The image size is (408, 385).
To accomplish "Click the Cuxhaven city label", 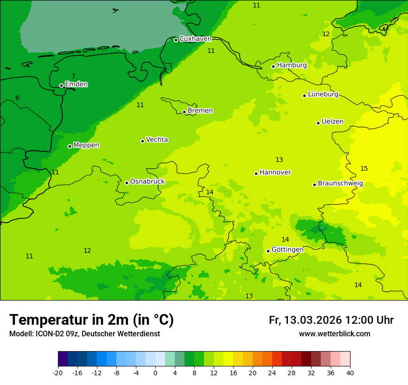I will coord(195,39).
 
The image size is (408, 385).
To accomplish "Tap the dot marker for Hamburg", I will coord(273,66).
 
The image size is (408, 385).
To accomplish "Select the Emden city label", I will coord(76,84).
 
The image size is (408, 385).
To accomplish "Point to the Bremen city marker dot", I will coord(184,112).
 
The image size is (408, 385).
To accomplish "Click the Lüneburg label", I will coord(323,94).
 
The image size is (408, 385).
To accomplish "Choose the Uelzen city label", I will coord(332,122).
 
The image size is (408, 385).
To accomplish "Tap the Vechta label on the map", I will coord(157,140).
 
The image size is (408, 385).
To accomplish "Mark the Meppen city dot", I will coord(70,146).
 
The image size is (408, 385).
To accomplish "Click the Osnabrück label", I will coord(147,181).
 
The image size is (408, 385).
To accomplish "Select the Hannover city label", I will coord(275,173).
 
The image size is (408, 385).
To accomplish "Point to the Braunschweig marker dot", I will coord(314,185).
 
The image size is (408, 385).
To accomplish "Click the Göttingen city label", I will coord(287,250).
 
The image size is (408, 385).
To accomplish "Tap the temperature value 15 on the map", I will coord(364,168).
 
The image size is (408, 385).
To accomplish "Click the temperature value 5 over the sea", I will coord(114,11).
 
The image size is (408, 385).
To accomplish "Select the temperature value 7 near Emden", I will coord(73,77).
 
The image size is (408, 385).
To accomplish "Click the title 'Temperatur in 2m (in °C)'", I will coord(91,320).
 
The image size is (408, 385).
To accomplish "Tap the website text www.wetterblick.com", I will coord(334,334).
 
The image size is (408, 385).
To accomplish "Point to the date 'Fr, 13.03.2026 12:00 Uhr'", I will coord(331,320).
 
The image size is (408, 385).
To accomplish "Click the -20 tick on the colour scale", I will coord(58,372).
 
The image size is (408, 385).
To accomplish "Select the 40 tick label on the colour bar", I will coord(350,372).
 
